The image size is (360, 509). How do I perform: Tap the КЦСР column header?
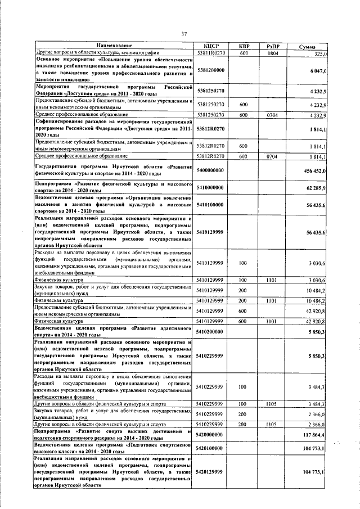pyautogui.click(x=210, y=46)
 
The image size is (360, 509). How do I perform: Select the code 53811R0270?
pyautogui.click(x=210, y=53)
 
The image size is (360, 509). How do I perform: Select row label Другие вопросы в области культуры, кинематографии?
pyautogui.click(x=92, y=53)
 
